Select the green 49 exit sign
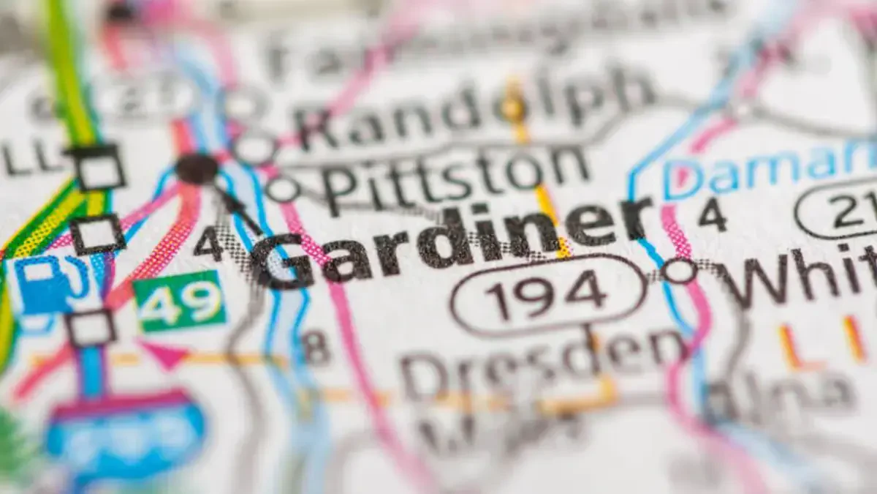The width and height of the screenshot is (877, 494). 179,300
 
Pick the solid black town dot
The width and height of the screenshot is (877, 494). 197,169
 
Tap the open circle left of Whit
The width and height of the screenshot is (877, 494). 678,270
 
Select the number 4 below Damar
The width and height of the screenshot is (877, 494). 712,215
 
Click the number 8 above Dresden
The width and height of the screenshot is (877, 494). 316,346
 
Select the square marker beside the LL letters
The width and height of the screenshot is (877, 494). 99,168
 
